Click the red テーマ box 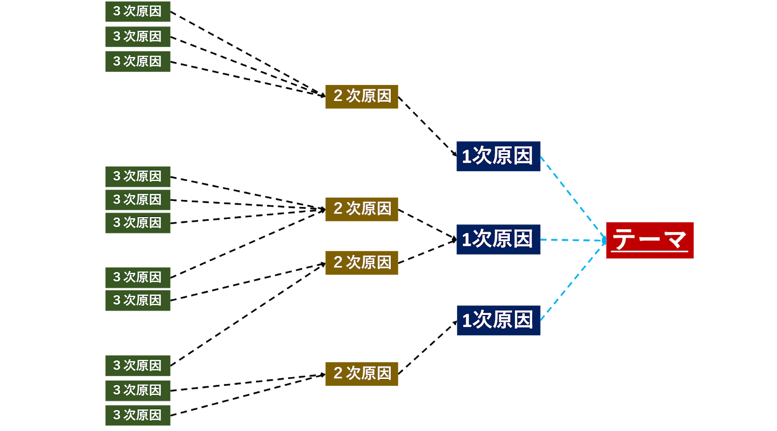[649, 240]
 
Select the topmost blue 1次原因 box [498, 156]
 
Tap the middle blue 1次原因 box [498, 239]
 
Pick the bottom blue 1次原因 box [498, 320]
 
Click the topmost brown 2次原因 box [361, 96]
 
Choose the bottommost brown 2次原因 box [361, 373]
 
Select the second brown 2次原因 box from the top [361, 209]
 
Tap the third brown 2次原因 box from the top [361, 263]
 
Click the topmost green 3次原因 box [137, 12]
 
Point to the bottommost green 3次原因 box [137, 415]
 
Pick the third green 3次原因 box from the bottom [137, 365]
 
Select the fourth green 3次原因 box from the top [137, 176]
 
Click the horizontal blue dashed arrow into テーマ [573, 240]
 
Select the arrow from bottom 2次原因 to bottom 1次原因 [427, 347]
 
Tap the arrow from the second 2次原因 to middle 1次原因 [427, 224]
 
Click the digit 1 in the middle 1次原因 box [466, 240]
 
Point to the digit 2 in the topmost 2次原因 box [338, 96]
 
